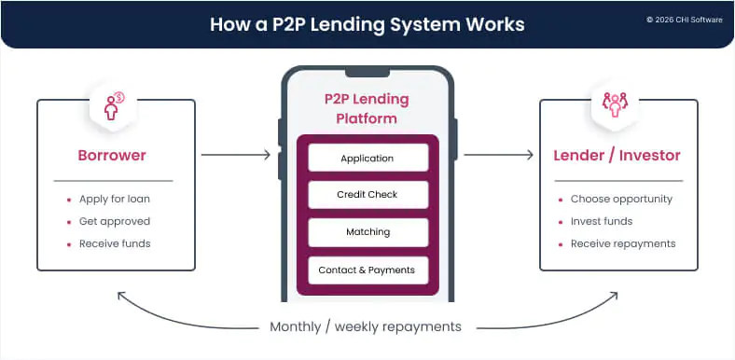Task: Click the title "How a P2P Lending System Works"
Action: pyautogui.click(x=367, y=23)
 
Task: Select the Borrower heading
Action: pyautogui.click(x=113, y=155)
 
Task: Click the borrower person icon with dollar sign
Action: pyautogui.click(x=112, y=105)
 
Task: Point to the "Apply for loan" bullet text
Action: pyautogui.click(x=113, y=199)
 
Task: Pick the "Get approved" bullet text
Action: pyautogui.click(x=113, y=221)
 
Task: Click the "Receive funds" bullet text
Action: pyautogui.click(x=114, y=243)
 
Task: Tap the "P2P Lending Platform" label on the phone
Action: pyautogui.click(x=367, y=109)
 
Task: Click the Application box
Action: pyautogui.click(x=367, y=158)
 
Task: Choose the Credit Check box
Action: pyautogui.click(x=367, y=194)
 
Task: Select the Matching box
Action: pyautogui.click(x=367, y=231)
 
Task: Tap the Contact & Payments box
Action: pyautogui.click(x=367, y=270)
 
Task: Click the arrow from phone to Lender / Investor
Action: pyautogui.click(x=498, y=155)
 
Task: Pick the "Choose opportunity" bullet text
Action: pyautogui.click(x=621, y=199)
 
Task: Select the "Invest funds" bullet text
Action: pyautogui.click(x=602, y=221)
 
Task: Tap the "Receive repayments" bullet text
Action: pyautogui.click(x=623, y=243)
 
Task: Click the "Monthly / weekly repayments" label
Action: pyautogui.click(x=367, y=326)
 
